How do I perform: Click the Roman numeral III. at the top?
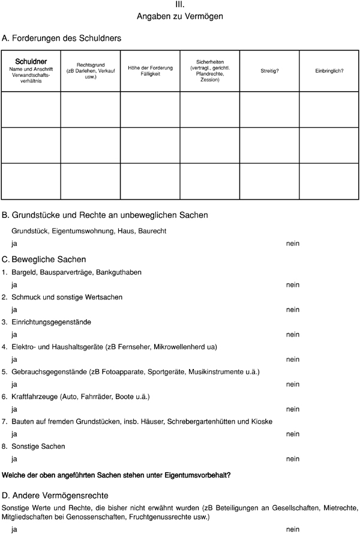click(x=180, y=5)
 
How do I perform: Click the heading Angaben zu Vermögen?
click(x=180, y=17)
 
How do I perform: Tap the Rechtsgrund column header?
click(x=90, y=67)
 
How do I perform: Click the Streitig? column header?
click(x=269, y=71)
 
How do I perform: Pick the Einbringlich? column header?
click(x=329, y=71)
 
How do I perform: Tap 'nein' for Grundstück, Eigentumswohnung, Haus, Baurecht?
click(x=293, y=244)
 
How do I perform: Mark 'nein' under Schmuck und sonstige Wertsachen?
click(x=293, y=310)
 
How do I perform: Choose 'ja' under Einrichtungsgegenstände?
click(x=14, y=334)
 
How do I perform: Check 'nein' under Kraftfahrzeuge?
click(x=293, y=409)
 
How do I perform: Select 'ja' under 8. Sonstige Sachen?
click(x=14, y=459)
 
